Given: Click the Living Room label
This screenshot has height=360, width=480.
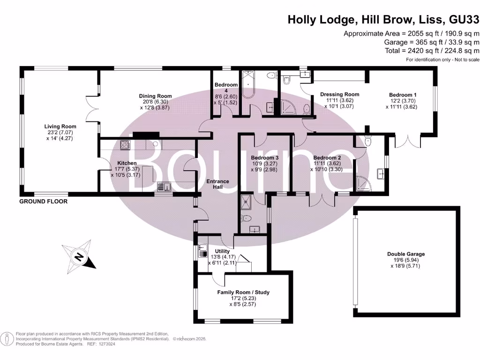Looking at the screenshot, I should click(x=60, y=127).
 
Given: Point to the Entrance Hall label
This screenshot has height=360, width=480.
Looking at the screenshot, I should click(x=218, y=184).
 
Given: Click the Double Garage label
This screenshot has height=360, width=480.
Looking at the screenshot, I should click(x=406, y=254).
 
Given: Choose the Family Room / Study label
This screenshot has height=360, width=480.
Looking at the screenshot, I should click(x=243, y=292).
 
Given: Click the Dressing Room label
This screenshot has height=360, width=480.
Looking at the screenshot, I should click(x=339, y=94).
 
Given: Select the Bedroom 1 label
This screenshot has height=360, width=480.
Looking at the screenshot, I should click(x=403, y=95).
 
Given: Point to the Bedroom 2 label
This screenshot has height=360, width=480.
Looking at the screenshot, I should click(x=327, y=157).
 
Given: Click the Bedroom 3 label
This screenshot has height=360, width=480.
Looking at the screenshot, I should click(x=264, y=157).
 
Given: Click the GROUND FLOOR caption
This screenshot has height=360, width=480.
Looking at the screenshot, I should click(x=43, y=202).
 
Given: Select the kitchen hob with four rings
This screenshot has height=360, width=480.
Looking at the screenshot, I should click(x=126, y=145).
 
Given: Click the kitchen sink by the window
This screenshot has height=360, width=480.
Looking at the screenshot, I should click(x=164, y=187).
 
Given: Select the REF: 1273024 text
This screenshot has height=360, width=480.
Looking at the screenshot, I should click(x=100, y=344).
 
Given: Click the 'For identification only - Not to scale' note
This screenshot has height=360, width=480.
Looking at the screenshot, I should click(x=442, y=60).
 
